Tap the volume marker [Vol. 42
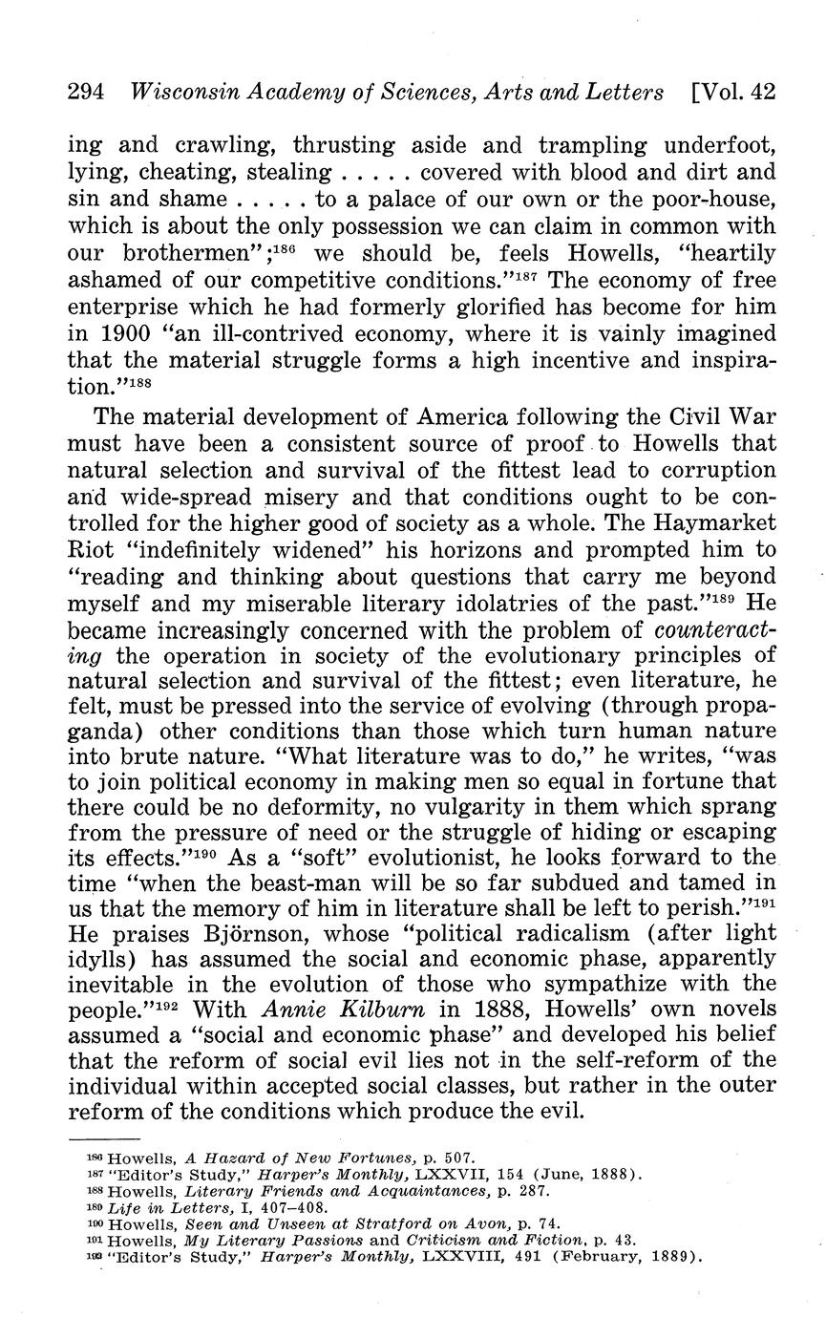coord(731,93)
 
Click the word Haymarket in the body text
coord(714,524)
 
